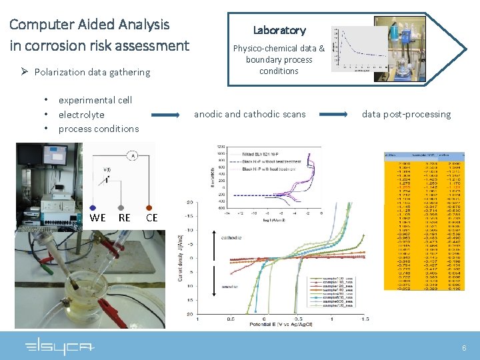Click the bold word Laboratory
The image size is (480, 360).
coord(279,30)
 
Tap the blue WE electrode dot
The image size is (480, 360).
coord(93,207)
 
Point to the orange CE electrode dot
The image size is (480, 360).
coord(149,207)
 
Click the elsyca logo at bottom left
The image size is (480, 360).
coord(59,347)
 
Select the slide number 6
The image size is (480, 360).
coord(464,348)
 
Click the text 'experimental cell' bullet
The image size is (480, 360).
coord(95,100)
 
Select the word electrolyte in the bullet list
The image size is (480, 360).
coord(81,115)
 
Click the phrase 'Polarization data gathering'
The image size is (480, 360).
coord(92,72)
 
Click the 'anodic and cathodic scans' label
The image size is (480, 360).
coord(249,114)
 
